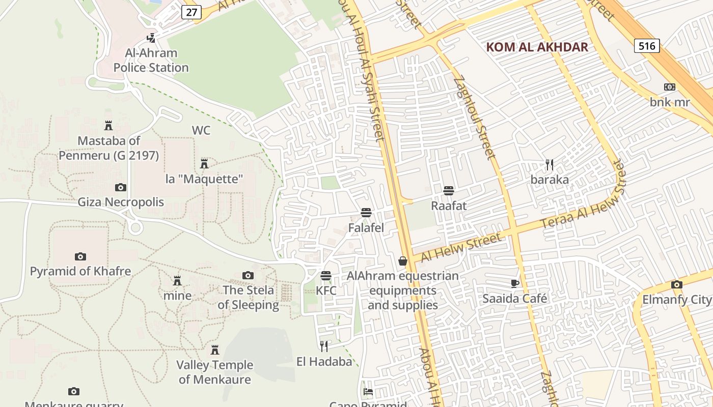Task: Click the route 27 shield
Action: pyautogui.click(x=191, y=12)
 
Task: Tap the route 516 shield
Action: pyautogui.click(x=647, y=46)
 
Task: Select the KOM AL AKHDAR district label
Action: pyautogui.click(x=537, y=47)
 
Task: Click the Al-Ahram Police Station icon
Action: pyautogui.click(x=151, y=38)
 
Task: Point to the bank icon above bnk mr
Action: pyautogui.click(x=670, y=87)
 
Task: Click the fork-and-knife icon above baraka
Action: pyautogui.click(x=550, y=165)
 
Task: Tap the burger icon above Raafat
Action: pyautogui.click(x=449, y=191)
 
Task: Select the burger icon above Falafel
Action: pyautogui.click(x=366, y=213)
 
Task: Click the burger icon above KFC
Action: pyautogui.click(x=326, y=276)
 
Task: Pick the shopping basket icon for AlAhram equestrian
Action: pyautogui.click(x=403, y=261)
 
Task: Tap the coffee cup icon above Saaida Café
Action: pyautogui.click(x=515, y=283)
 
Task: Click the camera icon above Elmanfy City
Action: pyautogui.click(x=676, y=284)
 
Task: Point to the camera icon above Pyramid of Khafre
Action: pyautogui.click(x=80, y=256)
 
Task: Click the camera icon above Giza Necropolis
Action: pyautogui.click(x=121, y=187)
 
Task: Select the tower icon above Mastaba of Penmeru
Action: pyautogui.click(x=108, y=125)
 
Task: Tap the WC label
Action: pyautogui.click(x=201, y=130)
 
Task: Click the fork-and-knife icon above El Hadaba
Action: pyautogui.click(x=324, y=346)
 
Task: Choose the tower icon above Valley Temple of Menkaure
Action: pyautogui.click(x=215, y=350)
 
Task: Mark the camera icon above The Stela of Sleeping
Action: pyautogui.click(x=248, y=275)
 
